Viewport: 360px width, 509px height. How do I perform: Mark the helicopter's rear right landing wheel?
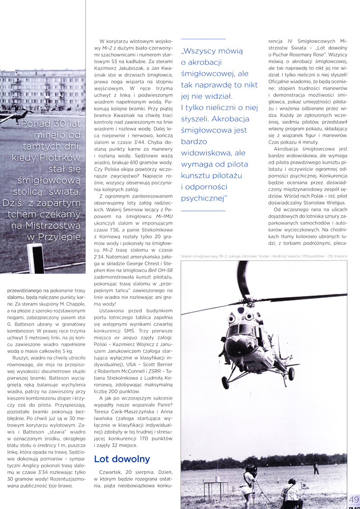point(292,375)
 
